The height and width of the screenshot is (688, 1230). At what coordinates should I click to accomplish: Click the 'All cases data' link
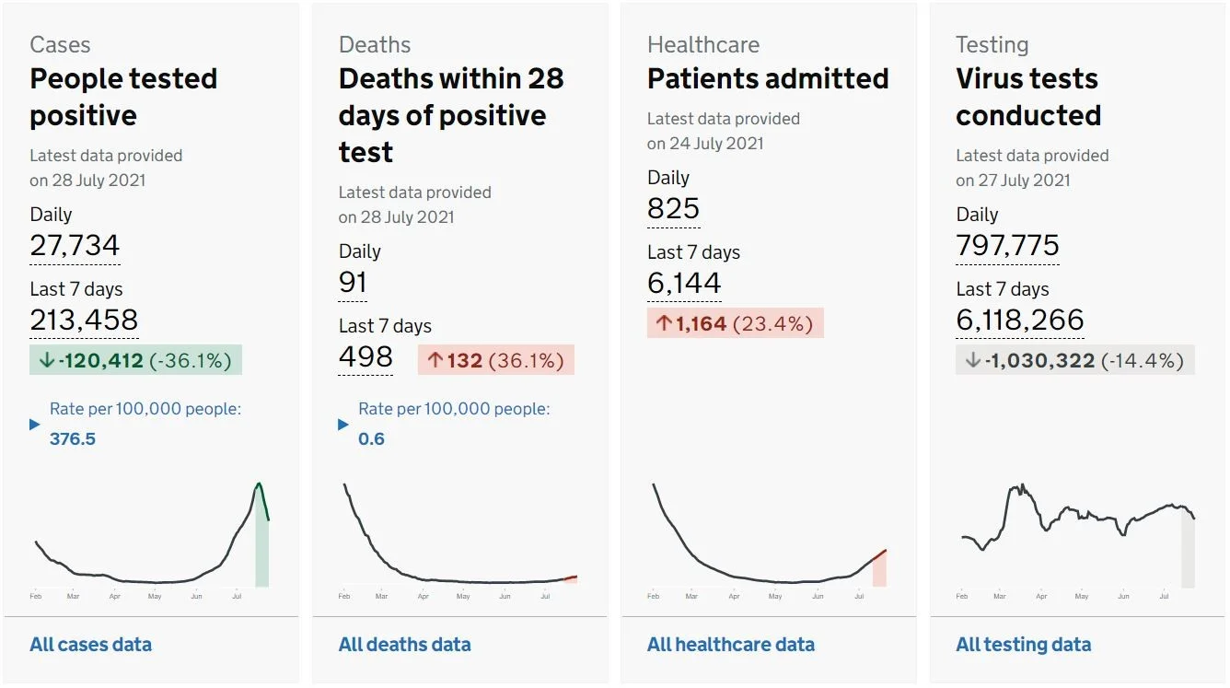tap(90, 644)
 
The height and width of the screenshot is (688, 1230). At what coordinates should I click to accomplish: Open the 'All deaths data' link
tap(405, 644)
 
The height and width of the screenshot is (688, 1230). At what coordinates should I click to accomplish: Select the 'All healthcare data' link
tap(731, 644)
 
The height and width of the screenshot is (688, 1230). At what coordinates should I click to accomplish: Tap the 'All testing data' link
tap(1024, 644)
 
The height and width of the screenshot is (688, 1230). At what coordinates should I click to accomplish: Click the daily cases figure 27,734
tap(75, 245)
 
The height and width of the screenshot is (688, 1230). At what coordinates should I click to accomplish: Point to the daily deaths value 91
tap(353, 282)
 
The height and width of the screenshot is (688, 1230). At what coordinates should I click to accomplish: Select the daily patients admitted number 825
tap(673, 208)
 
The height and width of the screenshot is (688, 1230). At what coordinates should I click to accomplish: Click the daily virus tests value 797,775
tap(1007, 245)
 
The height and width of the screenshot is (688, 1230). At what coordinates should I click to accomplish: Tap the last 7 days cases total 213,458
tap(84, 320)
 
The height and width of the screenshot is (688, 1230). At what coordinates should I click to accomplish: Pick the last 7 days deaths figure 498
tap(366, 356)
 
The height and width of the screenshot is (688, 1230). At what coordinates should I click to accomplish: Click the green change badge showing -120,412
tap(135, 360)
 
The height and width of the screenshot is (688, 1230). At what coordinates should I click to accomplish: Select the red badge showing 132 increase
tap(496, 360)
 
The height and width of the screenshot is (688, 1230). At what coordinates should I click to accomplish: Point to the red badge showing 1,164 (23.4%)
tap(736, 323)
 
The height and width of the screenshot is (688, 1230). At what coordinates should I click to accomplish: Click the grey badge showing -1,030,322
tap(1075, 360)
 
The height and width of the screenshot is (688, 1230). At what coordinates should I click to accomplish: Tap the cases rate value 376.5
tap(73, 438)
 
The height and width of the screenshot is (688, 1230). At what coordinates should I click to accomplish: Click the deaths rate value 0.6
tap(371, 438)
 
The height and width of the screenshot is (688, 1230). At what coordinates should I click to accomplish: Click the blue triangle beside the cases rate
tap(35, 425)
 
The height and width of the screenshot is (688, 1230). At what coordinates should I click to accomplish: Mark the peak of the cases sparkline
tap(259, 484)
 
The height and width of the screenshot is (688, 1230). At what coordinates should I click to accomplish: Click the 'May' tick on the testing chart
tap(1081, 596)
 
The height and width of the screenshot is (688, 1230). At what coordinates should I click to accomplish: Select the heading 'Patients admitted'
tap(768, 78)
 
